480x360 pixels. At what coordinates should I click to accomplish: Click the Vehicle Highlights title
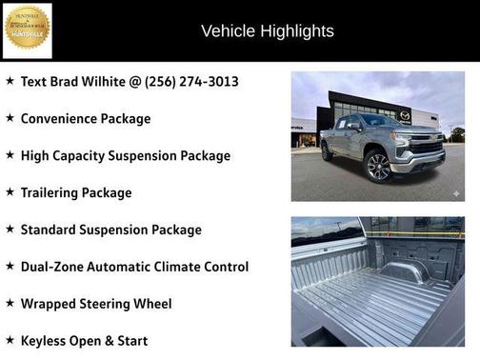[x=267, y=31]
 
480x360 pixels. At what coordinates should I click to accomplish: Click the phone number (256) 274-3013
[x=190, y=82]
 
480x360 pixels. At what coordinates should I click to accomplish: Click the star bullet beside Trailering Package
[x=10, y=191]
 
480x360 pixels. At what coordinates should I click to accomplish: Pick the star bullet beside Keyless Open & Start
[x=10, y=339]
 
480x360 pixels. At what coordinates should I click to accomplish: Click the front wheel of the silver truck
[x=378, y=166]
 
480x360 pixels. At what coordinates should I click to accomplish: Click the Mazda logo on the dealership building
[x=405, y=115]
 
